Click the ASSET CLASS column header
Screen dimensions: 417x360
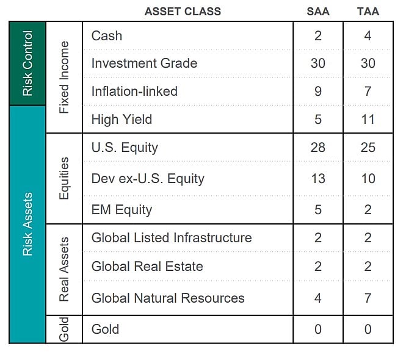click(183, 12)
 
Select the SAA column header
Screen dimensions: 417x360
click(318, 12)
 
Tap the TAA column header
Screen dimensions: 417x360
click(368, 12)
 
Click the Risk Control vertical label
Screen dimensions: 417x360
click(27, 63)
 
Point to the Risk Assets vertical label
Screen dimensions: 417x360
click(27, 224)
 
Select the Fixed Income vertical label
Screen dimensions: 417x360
click(64, 77)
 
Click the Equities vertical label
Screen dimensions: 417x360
click(64, 178)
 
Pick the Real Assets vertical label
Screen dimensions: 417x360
click(64, 269)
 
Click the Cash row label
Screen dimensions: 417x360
click(107, 35)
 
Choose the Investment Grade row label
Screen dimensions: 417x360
click(145, 63)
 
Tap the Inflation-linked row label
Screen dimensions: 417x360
click(134, 91)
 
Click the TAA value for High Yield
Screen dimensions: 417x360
click(368, 119)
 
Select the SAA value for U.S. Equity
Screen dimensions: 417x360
click(318, 147)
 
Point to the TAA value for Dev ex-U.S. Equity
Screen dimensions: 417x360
click(368, 178)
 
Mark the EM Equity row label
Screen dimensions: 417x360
click(121, 210)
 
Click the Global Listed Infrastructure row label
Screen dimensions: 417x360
click(172, 237)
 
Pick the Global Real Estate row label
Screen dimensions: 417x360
click(147, 266)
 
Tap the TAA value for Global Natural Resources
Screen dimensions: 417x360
click(368, 298)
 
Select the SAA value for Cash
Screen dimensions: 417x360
click(318, 35)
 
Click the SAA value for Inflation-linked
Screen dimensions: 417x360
click(318, 91)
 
